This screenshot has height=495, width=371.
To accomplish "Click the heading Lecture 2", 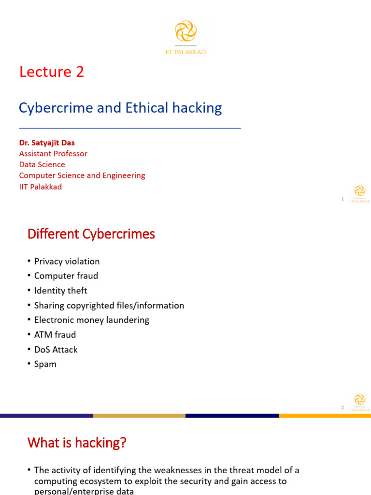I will pyautogui.click(x=52, y=72).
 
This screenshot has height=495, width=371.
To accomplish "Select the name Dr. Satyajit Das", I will pyautogui.click(x=47, y=143).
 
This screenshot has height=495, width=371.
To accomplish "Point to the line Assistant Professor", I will pyautogui.click(x=53, y=154).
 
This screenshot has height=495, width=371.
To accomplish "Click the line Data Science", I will pyautogui.click(x=42, y=165).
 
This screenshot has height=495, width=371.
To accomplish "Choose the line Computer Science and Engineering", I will pyautogui.click(x=82, y=175).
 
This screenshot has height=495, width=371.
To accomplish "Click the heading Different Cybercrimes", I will pyautogui.click(x=91, y=234).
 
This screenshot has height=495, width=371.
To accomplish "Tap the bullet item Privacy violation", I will pyautogui.click(x=67, y=262).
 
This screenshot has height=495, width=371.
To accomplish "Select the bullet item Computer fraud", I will pyautogui.click(x=66, y=276).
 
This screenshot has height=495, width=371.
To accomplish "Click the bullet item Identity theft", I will pyautogui.click(x=60, y=291).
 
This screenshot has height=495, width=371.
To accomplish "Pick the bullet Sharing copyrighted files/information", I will pyautogui.click(x=109, y=306).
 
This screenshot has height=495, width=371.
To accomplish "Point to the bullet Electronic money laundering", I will pyautogui.click(x=92, y=320).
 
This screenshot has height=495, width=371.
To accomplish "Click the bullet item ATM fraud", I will pyautogui.click(x=55, y=335).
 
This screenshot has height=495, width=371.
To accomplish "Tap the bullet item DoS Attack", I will pyautogui.click(x=56, y=349).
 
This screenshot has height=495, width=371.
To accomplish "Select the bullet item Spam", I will pyautogui.click(x=45, y=364).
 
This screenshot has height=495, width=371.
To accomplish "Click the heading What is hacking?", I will pyautogui.click(x=77, y=442).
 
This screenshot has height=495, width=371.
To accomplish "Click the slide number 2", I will pyautogui.click(x=342, y=408).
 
